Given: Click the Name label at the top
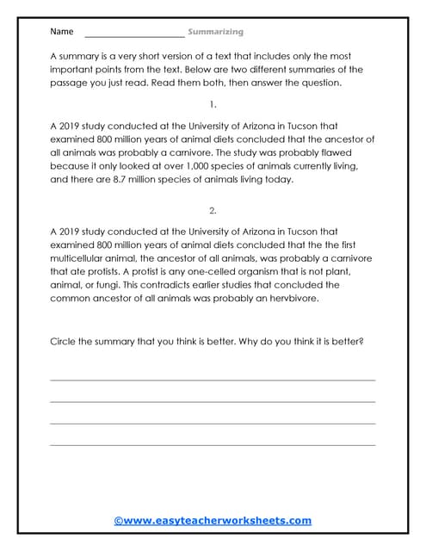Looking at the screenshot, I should point(61,32).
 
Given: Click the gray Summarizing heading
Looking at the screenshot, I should point(217,32).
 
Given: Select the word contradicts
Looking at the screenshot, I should point(173,285).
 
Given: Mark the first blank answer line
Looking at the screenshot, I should point(213,380).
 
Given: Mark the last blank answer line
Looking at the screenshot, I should point(213,444).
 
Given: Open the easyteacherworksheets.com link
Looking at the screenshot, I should point(213,521).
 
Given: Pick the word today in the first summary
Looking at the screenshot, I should point(279,180).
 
